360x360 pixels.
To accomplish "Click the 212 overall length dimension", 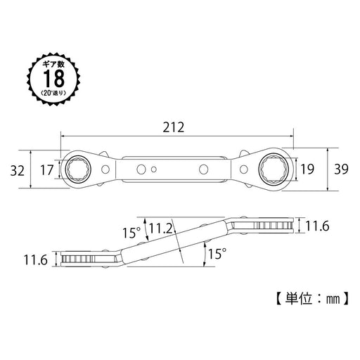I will pyautogui.click(x=176, y=128).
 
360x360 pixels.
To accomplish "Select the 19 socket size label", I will pyautogui.click(x=308, y=169).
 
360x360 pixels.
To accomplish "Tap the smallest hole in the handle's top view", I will pyautogui.click(x=155, y=169).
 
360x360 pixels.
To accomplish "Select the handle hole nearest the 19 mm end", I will pyautogui.click(x=205, y=169).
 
